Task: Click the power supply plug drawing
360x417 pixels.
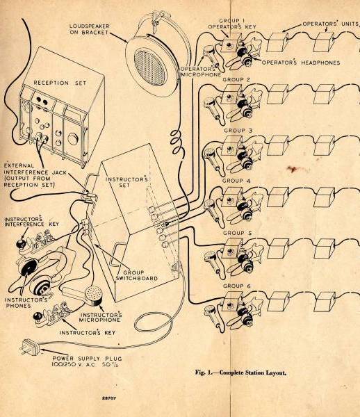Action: tap(29, 347)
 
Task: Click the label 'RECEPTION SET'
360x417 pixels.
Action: tap(60, 83)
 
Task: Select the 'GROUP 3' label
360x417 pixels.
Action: tap(238, 131)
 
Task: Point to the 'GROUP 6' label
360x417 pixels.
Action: tap(237, 286)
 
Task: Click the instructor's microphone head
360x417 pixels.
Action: tap(93, 295)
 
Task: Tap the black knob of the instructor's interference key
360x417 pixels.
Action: tap(20, 243)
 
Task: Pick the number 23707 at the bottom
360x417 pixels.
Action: tap(109, 398)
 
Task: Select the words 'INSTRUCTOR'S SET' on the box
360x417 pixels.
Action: tap(126, 182)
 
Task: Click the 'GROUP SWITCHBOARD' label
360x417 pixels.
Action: tap(137, 275)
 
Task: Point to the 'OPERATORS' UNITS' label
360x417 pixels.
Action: tap(331, 24)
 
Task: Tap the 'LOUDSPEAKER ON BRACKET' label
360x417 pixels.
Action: tap(89, 29)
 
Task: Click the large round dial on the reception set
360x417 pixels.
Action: tap(72, 138)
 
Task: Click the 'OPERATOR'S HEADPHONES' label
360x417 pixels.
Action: tap(301, 63)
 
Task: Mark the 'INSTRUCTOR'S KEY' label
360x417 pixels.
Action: tap(87, 333)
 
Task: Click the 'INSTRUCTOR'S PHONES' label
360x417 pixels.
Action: tap(26, 302)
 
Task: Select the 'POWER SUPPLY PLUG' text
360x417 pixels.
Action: tap(87, 358)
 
